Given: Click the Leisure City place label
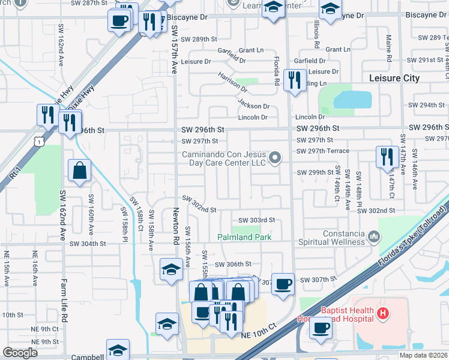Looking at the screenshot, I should coord(397,79).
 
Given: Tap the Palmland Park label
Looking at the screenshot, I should coord(244,238).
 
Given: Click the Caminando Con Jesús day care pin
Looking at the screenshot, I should coord(276,158).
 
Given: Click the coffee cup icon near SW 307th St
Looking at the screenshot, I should coord(283,284).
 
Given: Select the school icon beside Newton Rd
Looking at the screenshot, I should coord(171,270).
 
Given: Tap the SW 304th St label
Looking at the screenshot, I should coord(88,244).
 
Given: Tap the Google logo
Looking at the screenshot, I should coord(20,352).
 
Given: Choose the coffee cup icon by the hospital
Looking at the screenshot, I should coord(321,328).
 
